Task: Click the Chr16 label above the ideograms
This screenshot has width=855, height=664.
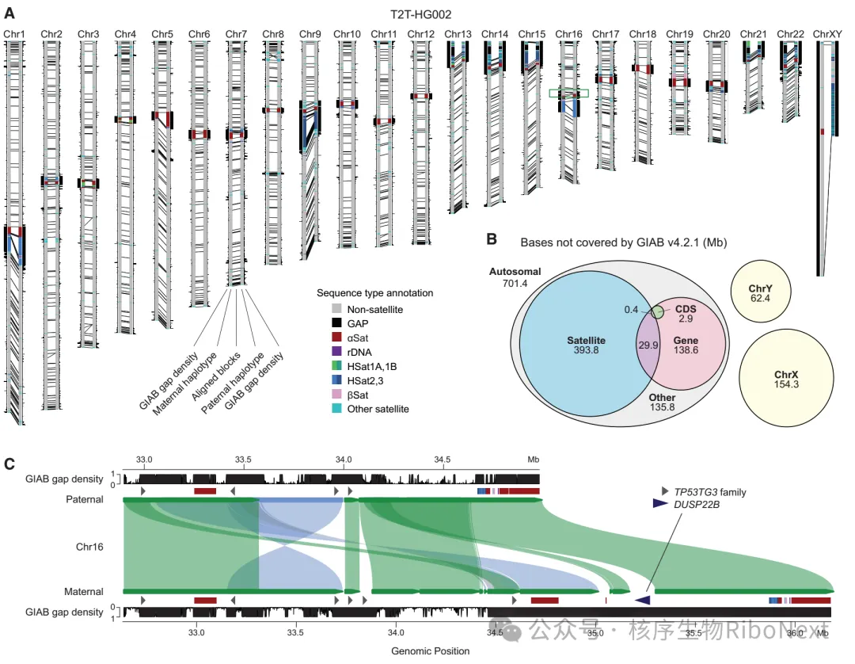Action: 568,34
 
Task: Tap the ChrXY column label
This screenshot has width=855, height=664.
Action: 827,34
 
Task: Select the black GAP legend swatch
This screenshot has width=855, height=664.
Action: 336,323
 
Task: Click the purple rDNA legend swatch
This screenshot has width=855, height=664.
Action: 336,352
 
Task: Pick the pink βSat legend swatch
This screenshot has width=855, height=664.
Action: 336,395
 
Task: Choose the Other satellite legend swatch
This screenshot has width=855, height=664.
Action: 336,409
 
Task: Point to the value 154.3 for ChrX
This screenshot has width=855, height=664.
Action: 786,384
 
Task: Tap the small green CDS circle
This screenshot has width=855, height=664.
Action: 657,312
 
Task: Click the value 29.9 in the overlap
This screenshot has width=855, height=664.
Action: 648,345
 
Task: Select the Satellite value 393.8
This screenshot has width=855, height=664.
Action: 586,350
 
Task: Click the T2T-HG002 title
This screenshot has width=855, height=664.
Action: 420,15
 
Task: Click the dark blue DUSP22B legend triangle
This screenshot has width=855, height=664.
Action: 660,504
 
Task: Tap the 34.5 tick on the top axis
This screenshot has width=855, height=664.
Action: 443,460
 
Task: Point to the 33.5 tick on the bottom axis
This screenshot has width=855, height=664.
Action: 295,633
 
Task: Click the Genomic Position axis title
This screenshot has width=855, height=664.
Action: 430,651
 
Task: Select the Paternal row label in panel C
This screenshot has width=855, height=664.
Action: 85,499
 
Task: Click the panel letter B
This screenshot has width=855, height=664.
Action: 492,239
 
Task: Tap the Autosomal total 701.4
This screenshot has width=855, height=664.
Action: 515,283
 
